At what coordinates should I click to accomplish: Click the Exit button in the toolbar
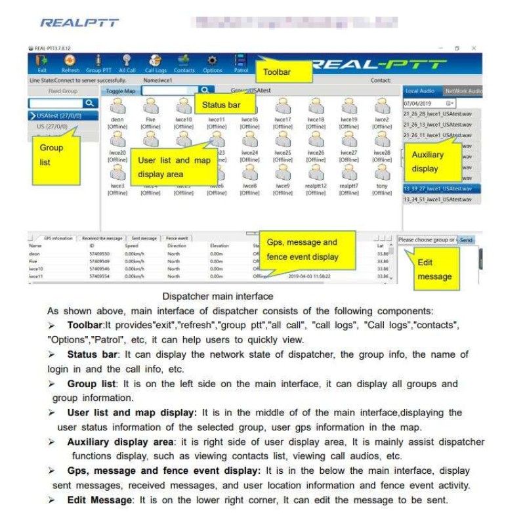pyautogui.click(x=42, y=63)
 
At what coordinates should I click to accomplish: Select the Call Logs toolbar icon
pyautogui.click(x=156, y=63)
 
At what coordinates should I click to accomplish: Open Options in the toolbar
pyautogui.click(x=212, y=63)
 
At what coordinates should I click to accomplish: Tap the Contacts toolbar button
pyautogui.click(x=184, y=63)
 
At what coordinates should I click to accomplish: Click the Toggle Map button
pyautogui.click(x=121, y=91)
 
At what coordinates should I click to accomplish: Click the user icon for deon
pyautogui.click(x=117, y=107)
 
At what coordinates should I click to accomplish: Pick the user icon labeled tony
pyautogui.click(x=382, y=173)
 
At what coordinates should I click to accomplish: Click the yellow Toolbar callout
pyautogui.click(x=276, y=72)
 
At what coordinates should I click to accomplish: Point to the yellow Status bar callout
pyautogui.click(x=222, y=104)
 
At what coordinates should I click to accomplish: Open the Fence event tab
pyautogui.click(x=177, y=238)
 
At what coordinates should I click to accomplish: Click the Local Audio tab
pyautogui.click(x=421, y=91)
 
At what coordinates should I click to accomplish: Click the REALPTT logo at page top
pyautogui.click(x=79, y=23)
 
